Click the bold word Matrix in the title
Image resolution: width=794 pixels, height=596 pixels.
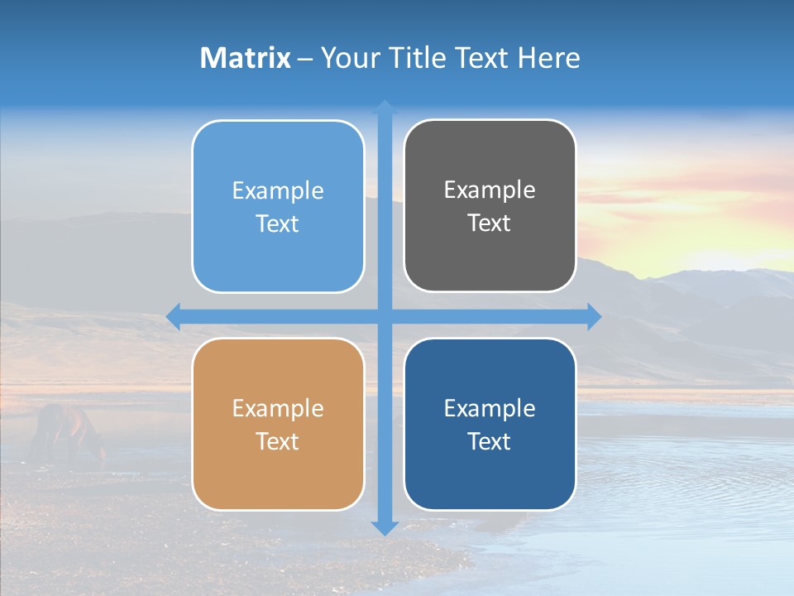tap(246, 58)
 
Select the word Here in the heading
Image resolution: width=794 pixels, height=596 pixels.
tap(548, 58)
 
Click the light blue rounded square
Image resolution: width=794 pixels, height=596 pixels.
tap(278, 206)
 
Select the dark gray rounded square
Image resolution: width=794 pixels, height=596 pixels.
tap(490, 205)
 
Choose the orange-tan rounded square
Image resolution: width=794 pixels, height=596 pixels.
tap(278, 424)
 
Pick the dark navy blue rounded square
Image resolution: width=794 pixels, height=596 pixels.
tap(490, 424)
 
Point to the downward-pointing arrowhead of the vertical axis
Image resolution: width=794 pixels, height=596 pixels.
tap(385, 527)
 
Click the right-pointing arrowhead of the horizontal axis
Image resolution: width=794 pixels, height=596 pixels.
tap(594, 315)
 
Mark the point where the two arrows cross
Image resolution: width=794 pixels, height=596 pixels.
tap(385, 315)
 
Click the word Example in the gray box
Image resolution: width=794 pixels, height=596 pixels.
tap(490, 190)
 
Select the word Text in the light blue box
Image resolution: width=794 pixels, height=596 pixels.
tap(278, 223)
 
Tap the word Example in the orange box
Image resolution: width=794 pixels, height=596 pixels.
tap(278, 408)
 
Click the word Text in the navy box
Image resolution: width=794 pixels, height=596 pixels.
tap(490, 441)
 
